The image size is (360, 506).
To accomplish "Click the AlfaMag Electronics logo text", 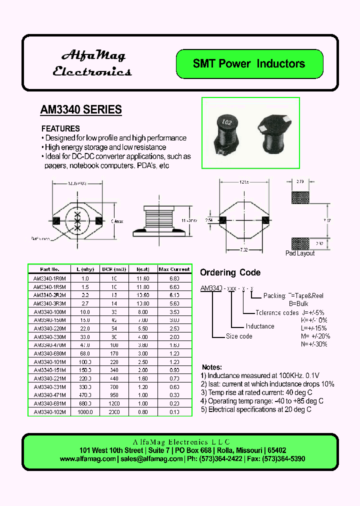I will (92, 63).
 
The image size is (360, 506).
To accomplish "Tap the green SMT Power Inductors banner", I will (249, 64).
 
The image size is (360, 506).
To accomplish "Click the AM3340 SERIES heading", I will (80, 109).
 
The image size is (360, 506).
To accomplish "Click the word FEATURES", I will (60, 128).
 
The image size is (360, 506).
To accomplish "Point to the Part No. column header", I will (49, 269).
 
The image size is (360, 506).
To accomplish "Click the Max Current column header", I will (174, 269).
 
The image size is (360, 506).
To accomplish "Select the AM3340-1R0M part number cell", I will (49, 278).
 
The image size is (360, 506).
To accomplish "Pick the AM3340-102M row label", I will (49, 412).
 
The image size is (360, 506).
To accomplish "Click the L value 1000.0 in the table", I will (85, 412).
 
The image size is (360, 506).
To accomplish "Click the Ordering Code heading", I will (230, 272).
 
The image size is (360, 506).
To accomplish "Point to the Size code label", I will (239, 336).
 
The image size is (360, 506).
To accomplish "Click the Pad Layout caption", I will (300, 253).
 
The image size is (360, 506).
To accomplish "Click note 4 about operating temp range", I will (262, 401).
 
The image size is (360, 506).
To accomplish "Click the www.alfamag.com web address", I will (87, 458).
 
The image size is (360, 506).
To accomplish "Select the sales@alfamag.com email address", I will (151, 458).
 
